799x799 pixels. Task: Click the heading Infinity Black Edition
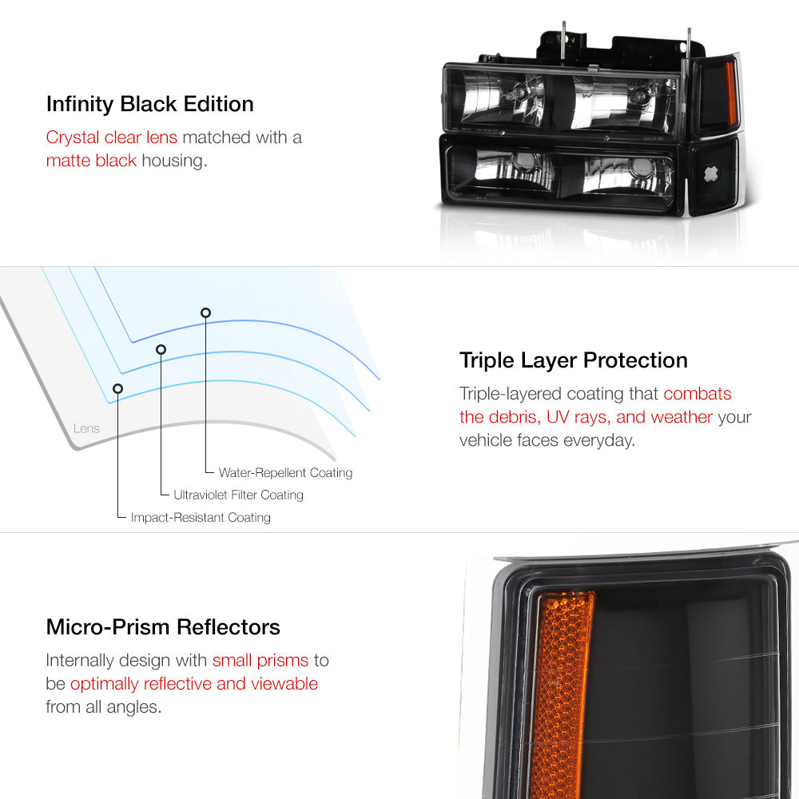coord(149,104)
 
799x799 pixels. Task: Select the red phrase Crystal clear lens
coord(111,137)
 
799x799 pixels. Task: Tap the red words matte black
coord(91,161)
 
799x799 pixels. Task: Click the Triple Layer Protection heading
coord(573,360)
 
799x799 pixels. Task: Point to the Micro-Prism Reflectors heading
coord(163,626)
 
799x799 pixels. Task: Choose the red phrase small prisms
coord(260,660)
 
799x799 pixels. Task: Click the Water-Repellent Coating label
coord(285,473)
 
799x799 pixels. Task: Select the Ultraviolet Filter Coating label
coord(238,495)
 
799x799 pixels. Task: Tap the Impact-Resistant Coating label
coord(201,518)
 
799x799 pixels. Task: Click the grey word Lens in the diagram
coord(86,428)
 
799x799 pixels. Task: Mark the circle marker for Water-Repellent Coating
coord(205,312)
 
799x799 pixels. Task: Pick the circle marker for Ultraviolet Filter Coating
coord(161,349)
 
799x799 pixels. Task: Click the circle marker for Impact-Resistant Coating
coord(118,388)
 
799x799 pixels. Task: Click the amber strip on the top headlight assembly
coord(729,94)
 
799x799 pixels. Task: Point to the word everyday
coord(596,440)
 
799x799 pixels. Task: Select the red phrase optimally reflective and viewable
coord(194,684)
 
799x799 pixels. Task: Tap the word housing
coord(173,161)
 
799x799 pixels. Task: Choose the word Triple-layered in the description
coord(511,393)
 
